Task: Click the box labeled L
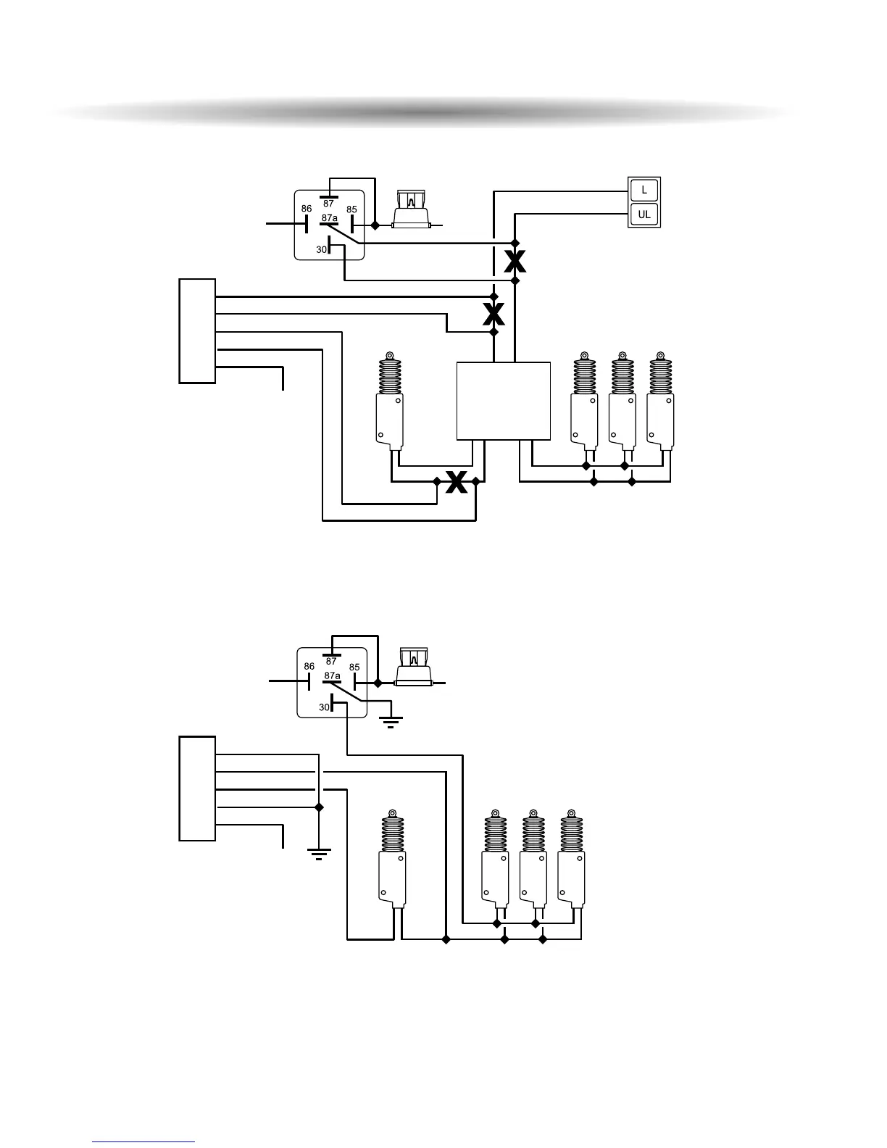tap(644, 191)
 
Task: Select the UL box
tap(644, 215)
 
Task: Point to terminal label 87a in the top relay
tap(329, 217)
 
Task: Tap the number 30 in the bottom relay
tap(324, 707)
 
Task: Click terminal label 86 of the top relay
tap(307, 209)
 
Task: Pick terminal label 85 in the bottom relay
tap(354, 667)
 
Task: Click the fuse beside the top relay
tap(412, 211)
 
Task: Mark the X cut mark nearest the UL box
tap(515, 261)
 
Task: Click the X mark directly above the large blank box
tap(494, 315)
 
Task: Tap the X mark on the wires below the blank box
tap(456, 482)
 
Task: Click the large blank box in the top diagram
tap(504, 401)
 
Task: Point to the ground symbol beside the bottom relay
tap(391, 720)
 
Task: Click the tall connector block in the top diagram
tap(197, 330)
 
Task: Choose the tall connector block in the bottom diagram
tap(197, 788)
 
